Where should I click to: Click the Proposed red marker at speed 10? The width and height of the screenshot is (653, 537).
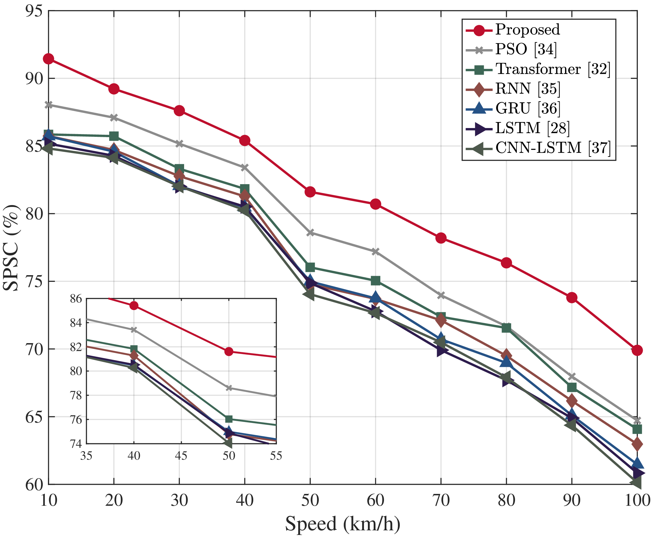coord(49,59)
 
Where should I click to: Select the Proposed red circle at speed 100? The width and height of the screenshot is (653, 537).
coord(637,350)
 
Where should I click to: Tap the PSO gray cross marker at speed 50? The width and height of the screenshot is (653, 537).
coord(310,233)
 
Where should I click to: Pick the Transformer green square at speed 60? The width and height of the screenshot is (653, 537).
coord(375,281)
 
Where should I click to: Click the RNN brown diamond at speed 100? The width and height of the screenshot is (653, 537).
coord(637,444)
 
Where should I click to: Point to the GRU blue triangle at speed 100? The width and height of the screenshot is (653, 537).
coord(637,463)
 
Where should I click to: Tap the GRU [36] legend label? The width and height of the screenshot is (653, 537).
coord(527,108)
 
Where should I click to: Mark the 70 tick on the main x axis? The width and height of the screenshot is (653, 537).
coord(441,500)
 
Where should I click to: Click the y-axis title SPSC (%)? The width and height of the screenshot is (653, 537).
coord(11,248)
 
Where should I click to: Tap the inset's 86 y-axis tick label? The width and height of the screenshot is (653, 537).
coord(76,299)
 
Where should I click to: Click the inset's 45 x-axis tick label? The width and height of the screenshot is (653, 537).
coord(181,456)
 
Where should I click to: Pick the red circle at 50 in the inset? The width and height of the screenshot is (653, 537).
coord(229,351)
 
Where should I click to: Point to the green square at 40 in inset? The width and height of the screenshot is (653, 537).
coord(133,349)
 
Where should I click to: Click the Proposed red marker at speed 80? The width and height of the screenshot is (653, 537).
coord(506,263)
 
